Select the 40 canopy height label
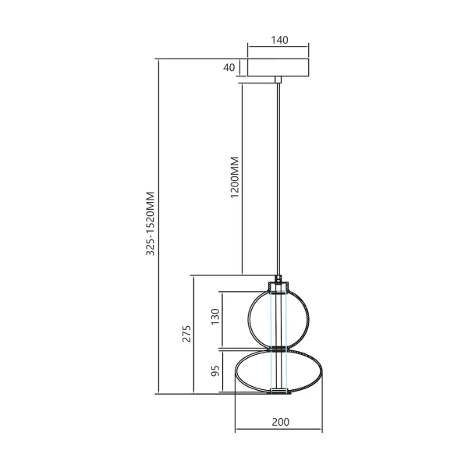[x=229, y=68]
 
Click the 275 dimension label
[x=186, y=334]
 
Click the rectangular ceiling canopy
[x=278, y=68]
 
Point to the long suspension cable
[x=278, y=179]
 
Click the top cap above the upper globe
[x=278, y=285]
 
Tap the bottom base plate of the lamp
[x=278, y=392]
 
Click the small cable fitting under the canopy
[x=278, y=80]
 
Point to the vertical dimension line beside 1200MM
[x=243, y=179]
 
